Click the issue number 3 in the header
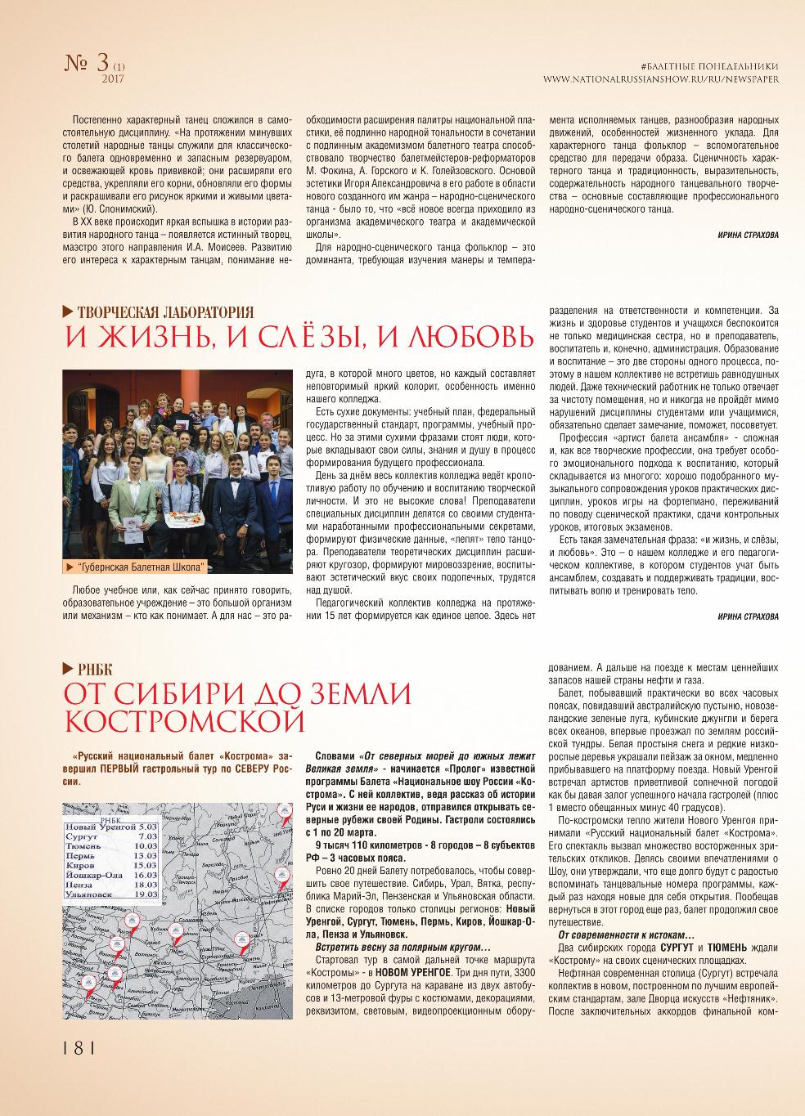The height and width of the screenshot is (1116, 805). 101,62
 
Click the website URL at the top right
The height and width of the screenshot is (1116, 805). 661,79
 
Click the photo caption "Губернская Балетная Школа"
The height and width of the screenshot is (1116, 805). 140,567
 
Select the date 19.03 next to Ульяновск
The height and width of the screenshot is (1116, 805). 147,894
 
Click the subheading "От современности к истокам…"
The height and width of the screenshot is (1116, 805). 626,934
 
